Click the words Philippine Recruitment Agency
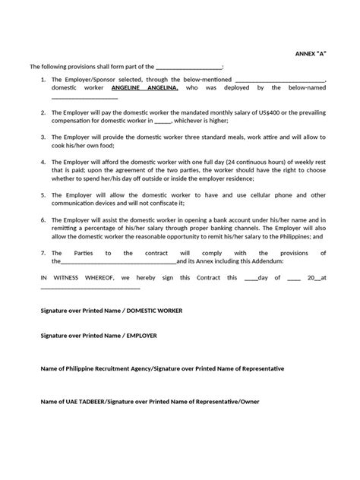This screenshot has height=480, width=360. [x=104, y=368]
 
